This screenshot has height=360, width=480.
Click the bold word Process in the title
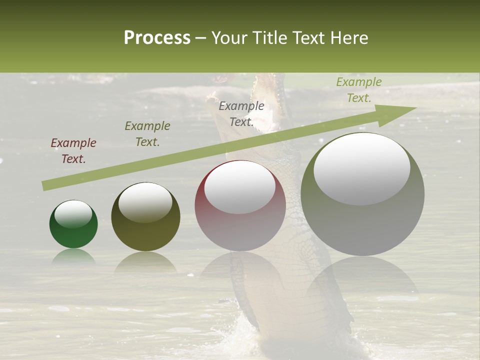click(x=157, y=38)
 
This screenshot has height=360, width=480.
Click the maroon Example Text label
click(x=73, y=151)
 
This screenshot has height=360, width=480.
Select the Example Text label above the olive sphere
click(x=147, y=134)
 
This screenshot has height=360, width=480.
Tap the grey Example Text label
click(x=241, y=114)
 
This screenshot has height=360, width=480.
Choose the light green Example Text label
click(x=359, y=90)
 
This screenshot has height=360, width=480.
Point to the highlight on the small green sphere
click(x=73, y=214)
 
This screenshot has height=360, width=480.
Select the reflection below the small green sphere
click(x=73, y=256)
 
